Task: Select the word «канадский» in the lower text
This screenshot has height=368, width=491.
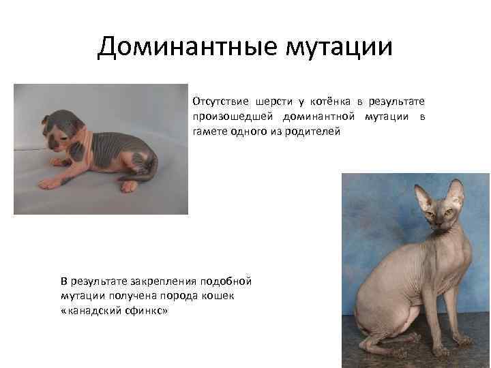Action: [88, 309]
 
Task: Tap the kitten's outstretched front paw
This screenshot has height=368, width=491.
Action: [51, 182]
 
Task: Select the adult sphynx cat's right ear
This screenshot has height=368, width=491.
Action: [456, 191]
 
